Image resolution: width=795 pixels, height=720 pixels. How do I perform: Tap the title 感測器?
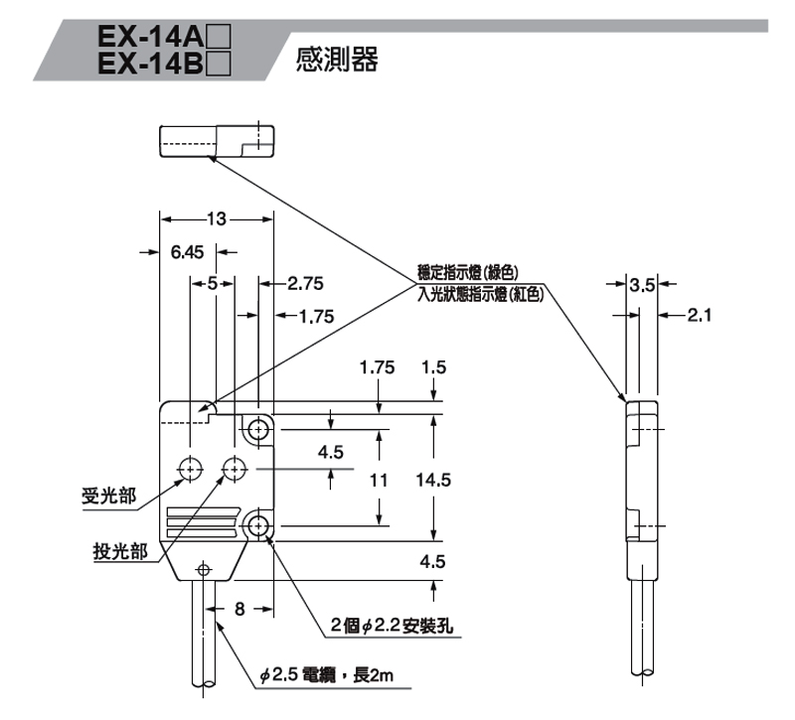pos(338,61)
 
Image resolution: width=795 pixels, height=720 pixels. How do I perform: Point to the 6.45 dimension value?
pos(187,252)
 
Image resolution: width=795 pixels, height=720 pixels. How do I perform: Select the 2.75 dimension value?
pos(305,284)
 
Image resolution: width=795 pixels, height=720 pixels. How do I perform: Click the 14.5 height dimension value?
pos(434,480)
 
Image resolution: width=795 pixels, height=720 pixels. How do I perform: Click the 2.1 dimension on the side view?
pos(702,316)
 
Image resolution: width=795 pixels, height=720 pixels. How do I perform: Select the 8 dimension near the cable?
pos(239,608)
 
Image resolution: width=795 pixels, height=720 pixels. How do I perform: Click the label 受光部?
pos(109,497)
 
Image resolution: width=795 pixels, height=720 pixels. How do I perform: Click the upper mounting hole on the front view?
pos(259,429)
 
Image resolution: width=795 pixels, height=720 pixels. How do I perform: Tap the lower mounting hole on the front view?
pos(259,524)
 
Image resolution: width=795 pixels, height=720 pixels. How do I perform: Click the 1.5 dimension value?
pos(434,368)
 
